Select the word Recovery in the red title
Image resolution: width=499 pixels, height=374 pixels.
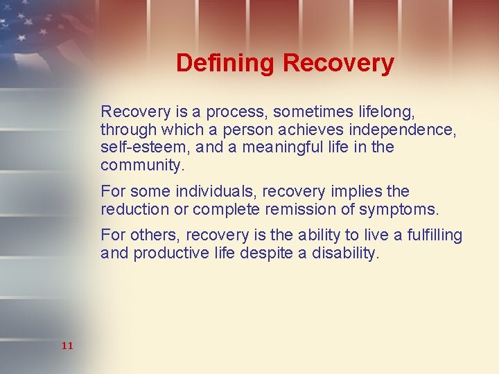point(339,63)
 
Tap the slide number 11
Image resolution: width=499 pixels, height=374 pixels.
point(67,346)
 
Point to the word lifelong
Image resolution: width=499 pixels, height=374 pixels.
point(386,112)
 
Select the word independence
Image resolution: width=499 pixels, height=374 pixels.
point(410,130)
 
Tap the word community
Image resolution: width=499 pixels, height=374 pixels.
point(143,166)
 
